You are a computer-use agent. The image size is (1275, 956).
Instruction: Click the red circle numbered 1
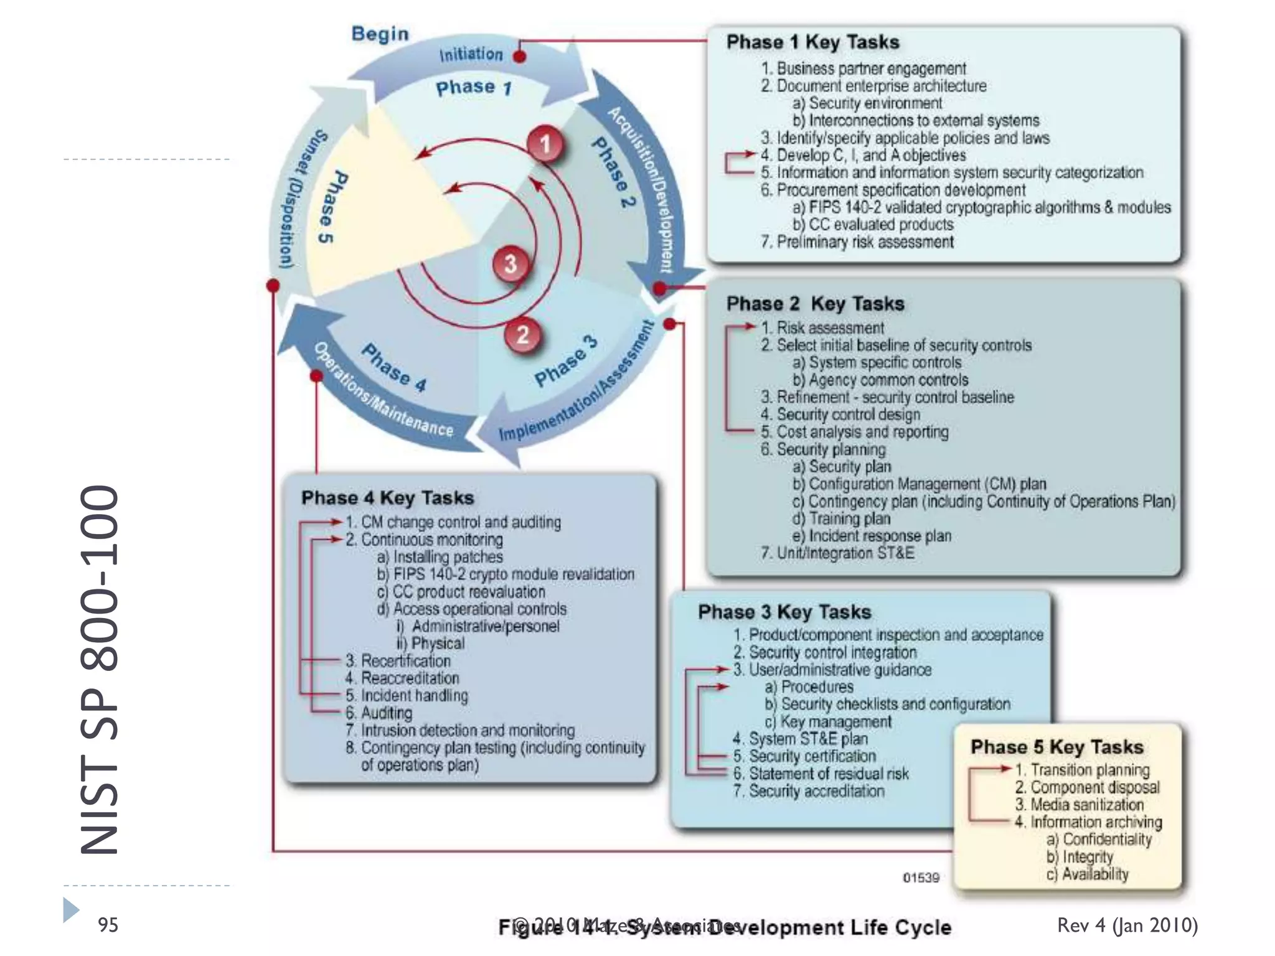pyautogui.click(x=546, y=144)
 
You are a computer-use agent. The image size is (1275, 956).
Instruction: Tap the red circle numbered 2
pyautogui.click(x=523, y=335)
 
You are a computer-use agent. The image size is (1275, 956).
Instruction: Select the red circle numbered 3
pyautogui.click(x=510, y=264)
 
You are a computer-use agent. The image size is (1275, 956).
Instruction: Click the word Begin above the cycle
pyautogui.click(x=380, y=34)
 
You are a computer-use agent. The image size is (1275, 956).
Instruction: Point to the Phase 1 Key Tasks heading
pyautogui.click(x=812, y=42)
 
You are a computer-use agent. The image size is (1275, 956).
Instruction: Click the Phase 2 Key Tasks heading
pyautogui.click(x=815, y=304)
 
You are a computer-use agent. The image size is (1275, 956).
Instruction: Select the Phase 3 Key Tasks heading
pyautogui.click(x=784, y=612)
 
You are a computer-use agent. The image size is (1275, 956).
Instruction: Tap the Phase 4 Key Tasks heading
pyautogui.click(x=387, y=498)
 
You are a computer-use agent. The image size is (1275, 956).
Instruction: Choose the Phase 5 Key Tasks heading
pyautogui.click(x=1056, y=747)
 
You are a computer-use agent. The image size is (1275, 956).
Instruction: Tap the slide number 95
pyautogui.click(x=108, y=925)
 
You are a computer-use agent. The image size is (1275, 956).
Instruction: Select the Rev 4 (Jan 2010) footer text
pyautogui.click(x=1127, y=925)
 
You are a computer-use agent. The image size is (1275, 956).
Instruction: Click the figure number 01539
pyautogui.click(x=921, y=878)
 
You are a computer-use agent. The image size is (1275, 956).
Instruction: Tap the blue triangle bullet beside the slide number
pyautogui.click(x=71, y=910)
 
